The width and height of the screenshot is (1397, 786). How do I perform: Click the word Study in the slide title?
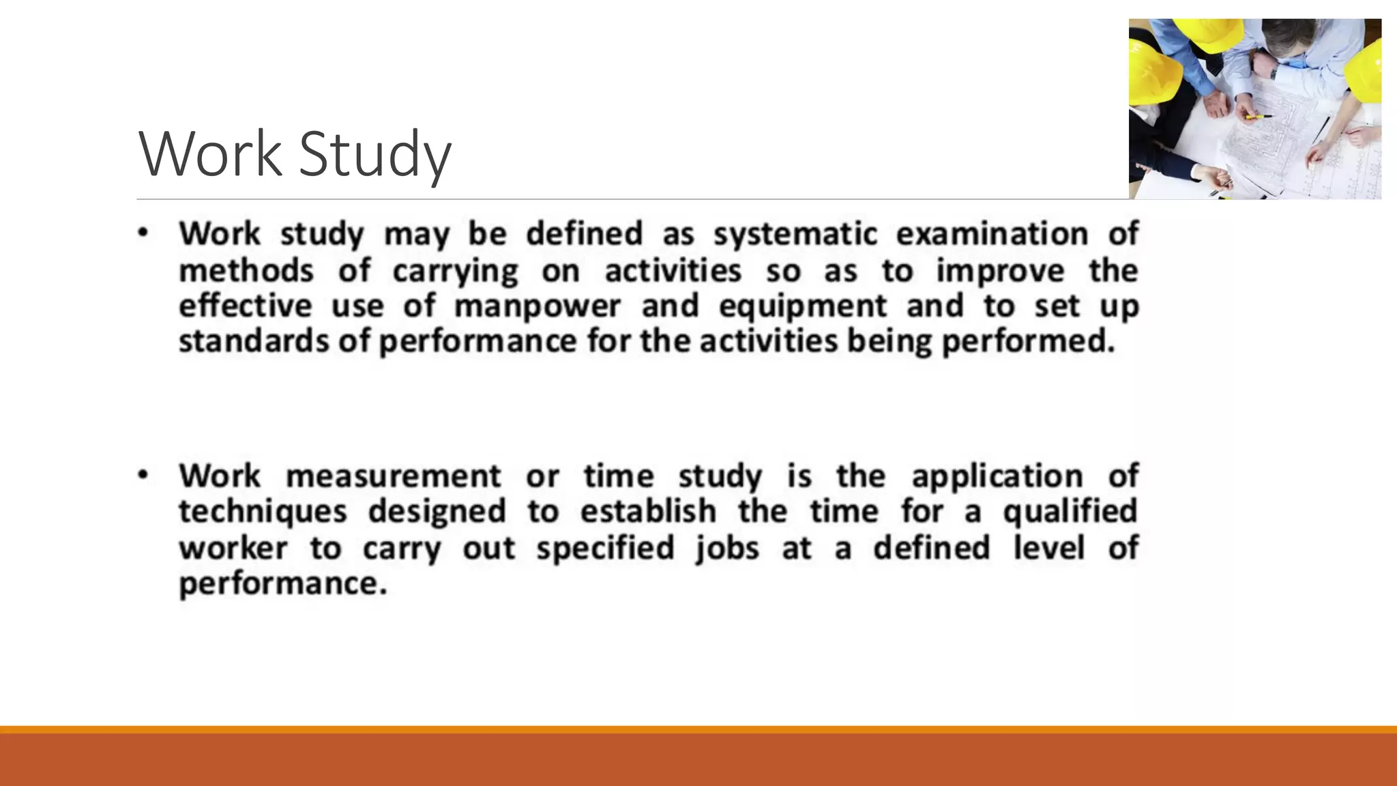(375, 156)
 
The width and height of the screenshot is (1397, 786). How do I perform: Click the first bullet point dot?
(143, 233)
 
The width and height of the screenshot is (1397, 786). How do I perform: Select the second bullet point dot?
(143, 475)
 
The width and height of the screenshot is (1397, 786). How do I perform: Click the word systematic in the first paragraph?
(795, 235)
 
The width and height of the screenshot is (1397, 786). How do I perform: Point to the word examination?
(992, 235)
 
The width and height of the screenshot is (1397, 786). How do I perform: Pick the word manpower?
(538, 307)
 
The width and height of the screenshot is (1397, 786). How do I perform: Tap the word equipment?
(803, 307)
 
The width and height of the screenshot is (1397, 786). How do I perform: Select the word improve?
(1000, 271)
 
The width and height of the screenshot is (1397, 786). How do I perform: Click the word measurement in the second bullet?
(394, 476)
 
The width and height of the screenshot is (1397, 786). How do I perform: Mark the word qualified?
(1070, 512)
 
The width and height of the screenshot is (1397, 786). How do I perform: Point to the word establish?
(648, 512)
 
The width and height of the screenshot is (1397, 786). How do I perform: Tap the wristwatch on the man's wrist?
(1274, 72)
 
